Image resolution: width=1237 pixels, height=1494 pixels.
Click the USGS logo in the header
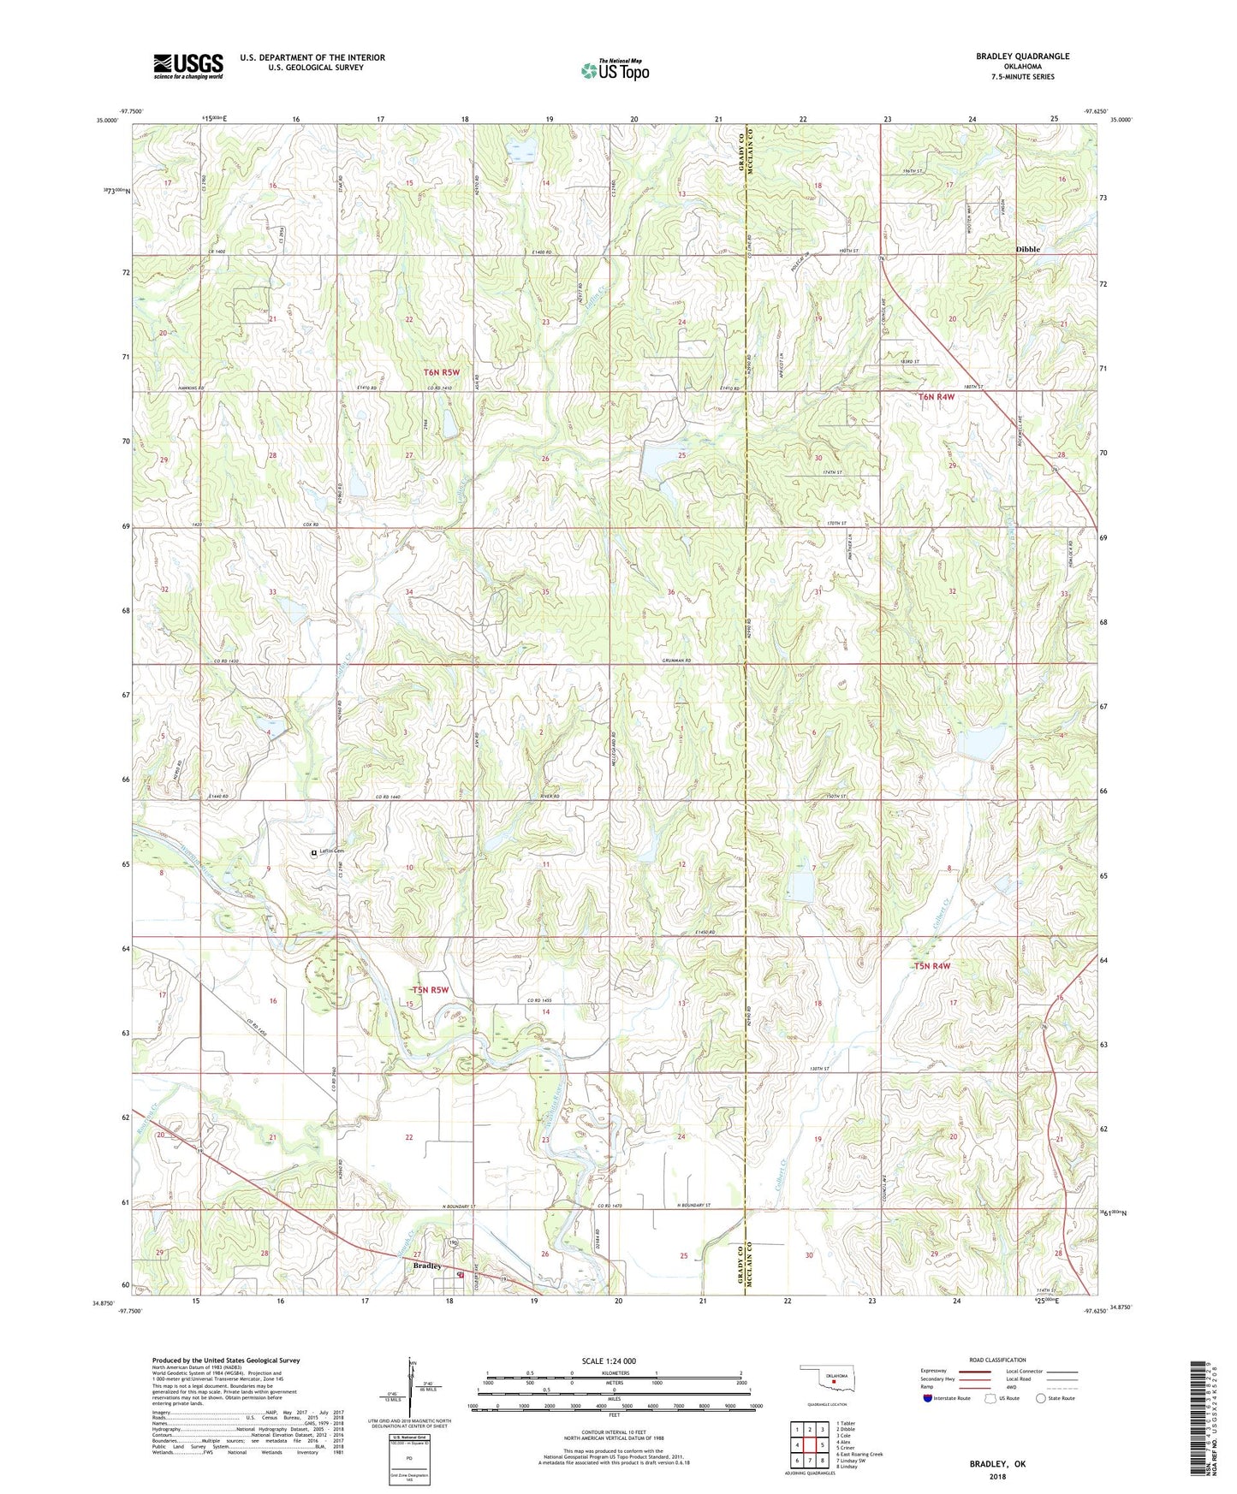tap(188, 65)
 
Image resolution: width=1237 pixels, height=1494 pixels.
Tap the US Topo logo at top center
tap(615, 70)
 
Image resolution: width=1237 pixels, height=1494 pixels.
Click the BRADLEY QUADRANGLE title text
tap(1022, 56)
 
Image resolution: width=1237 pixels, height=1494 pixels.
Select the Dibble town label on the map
tap(1027, 249)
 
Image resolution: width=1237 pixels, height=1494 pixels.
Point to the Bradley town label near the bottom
tap(426, 1266)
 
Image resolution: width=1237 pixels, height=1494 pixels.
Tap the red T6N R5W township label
tap(442, 372)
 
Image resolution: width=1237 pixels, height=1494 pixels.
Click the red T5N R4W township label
tap(931, 966)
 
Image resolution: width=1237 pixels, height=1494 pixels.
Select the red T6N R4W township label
tap(937, 397)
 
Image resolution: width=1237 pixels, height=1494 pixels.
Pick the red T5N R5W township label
tap(430, 990)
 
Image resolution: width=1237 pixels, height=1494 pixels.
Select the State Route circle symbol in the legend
tap(1040, 1398)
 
